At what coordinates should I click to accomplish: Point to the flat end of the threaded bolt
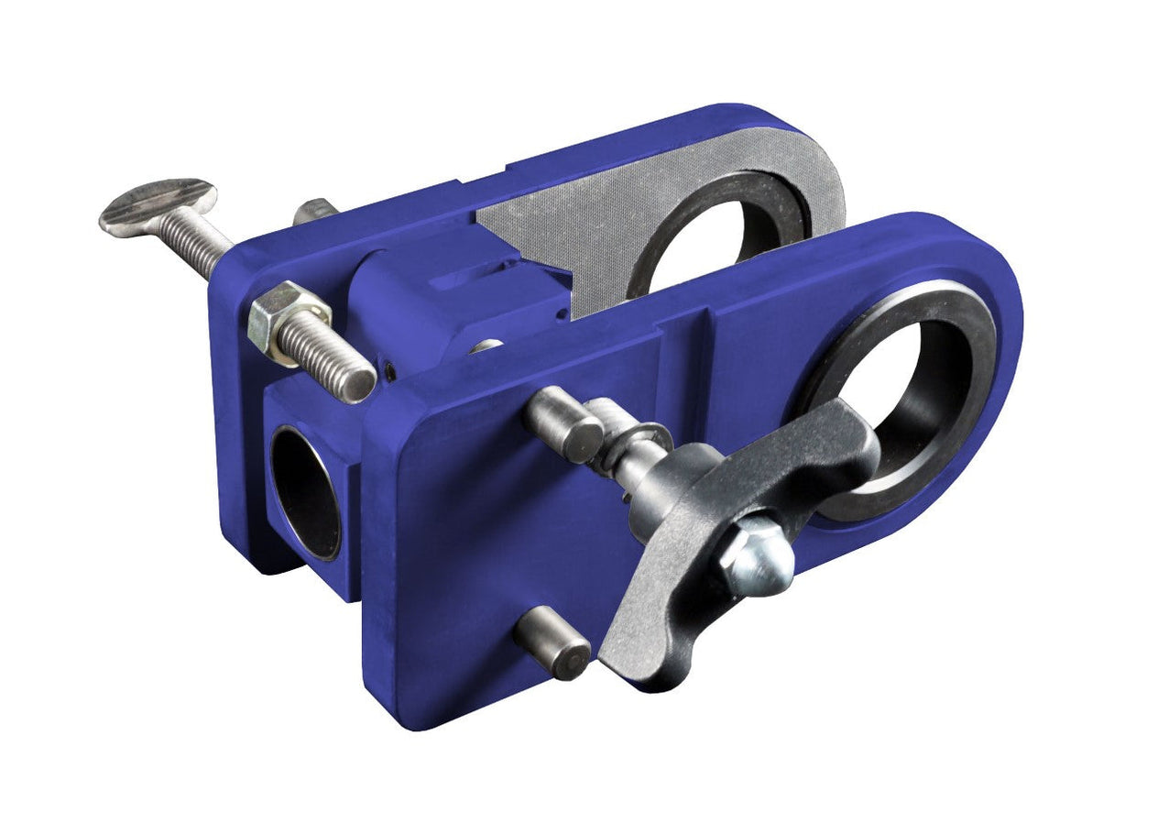pos(357,384)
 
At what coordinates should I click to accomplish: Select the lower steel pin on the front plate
pos(552,644)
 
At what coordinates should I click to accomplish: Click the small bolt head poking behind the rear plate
pos(314,211)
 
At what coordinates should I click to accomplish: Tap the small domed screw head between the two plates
pos(486,346)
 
